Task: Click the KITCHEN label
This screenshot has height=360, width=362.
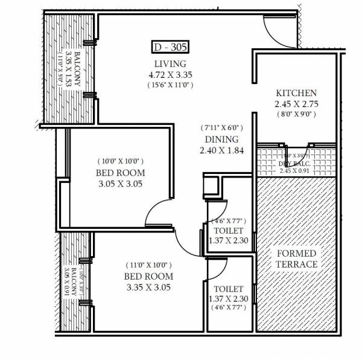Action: coord(296,94)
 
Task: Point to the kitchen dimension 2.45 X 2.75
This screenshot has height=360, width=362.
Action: coord(296,104)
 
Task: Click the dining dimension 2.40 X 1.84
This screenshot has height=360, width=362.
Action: coord(222,150)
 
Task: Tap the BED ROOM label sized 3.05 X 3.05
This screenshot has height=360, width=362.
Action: coord(121,173)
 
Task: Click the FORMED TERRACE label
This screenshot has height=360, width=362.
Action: coord(296,258)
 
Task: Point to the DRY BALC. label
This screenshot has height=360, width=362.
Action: coord(293,164)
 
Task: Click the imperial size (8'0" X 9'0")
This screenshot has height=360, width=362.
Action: coord(296,114)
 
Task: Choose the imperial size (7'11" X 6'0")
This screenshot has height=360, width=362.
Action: coord(222,128)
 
